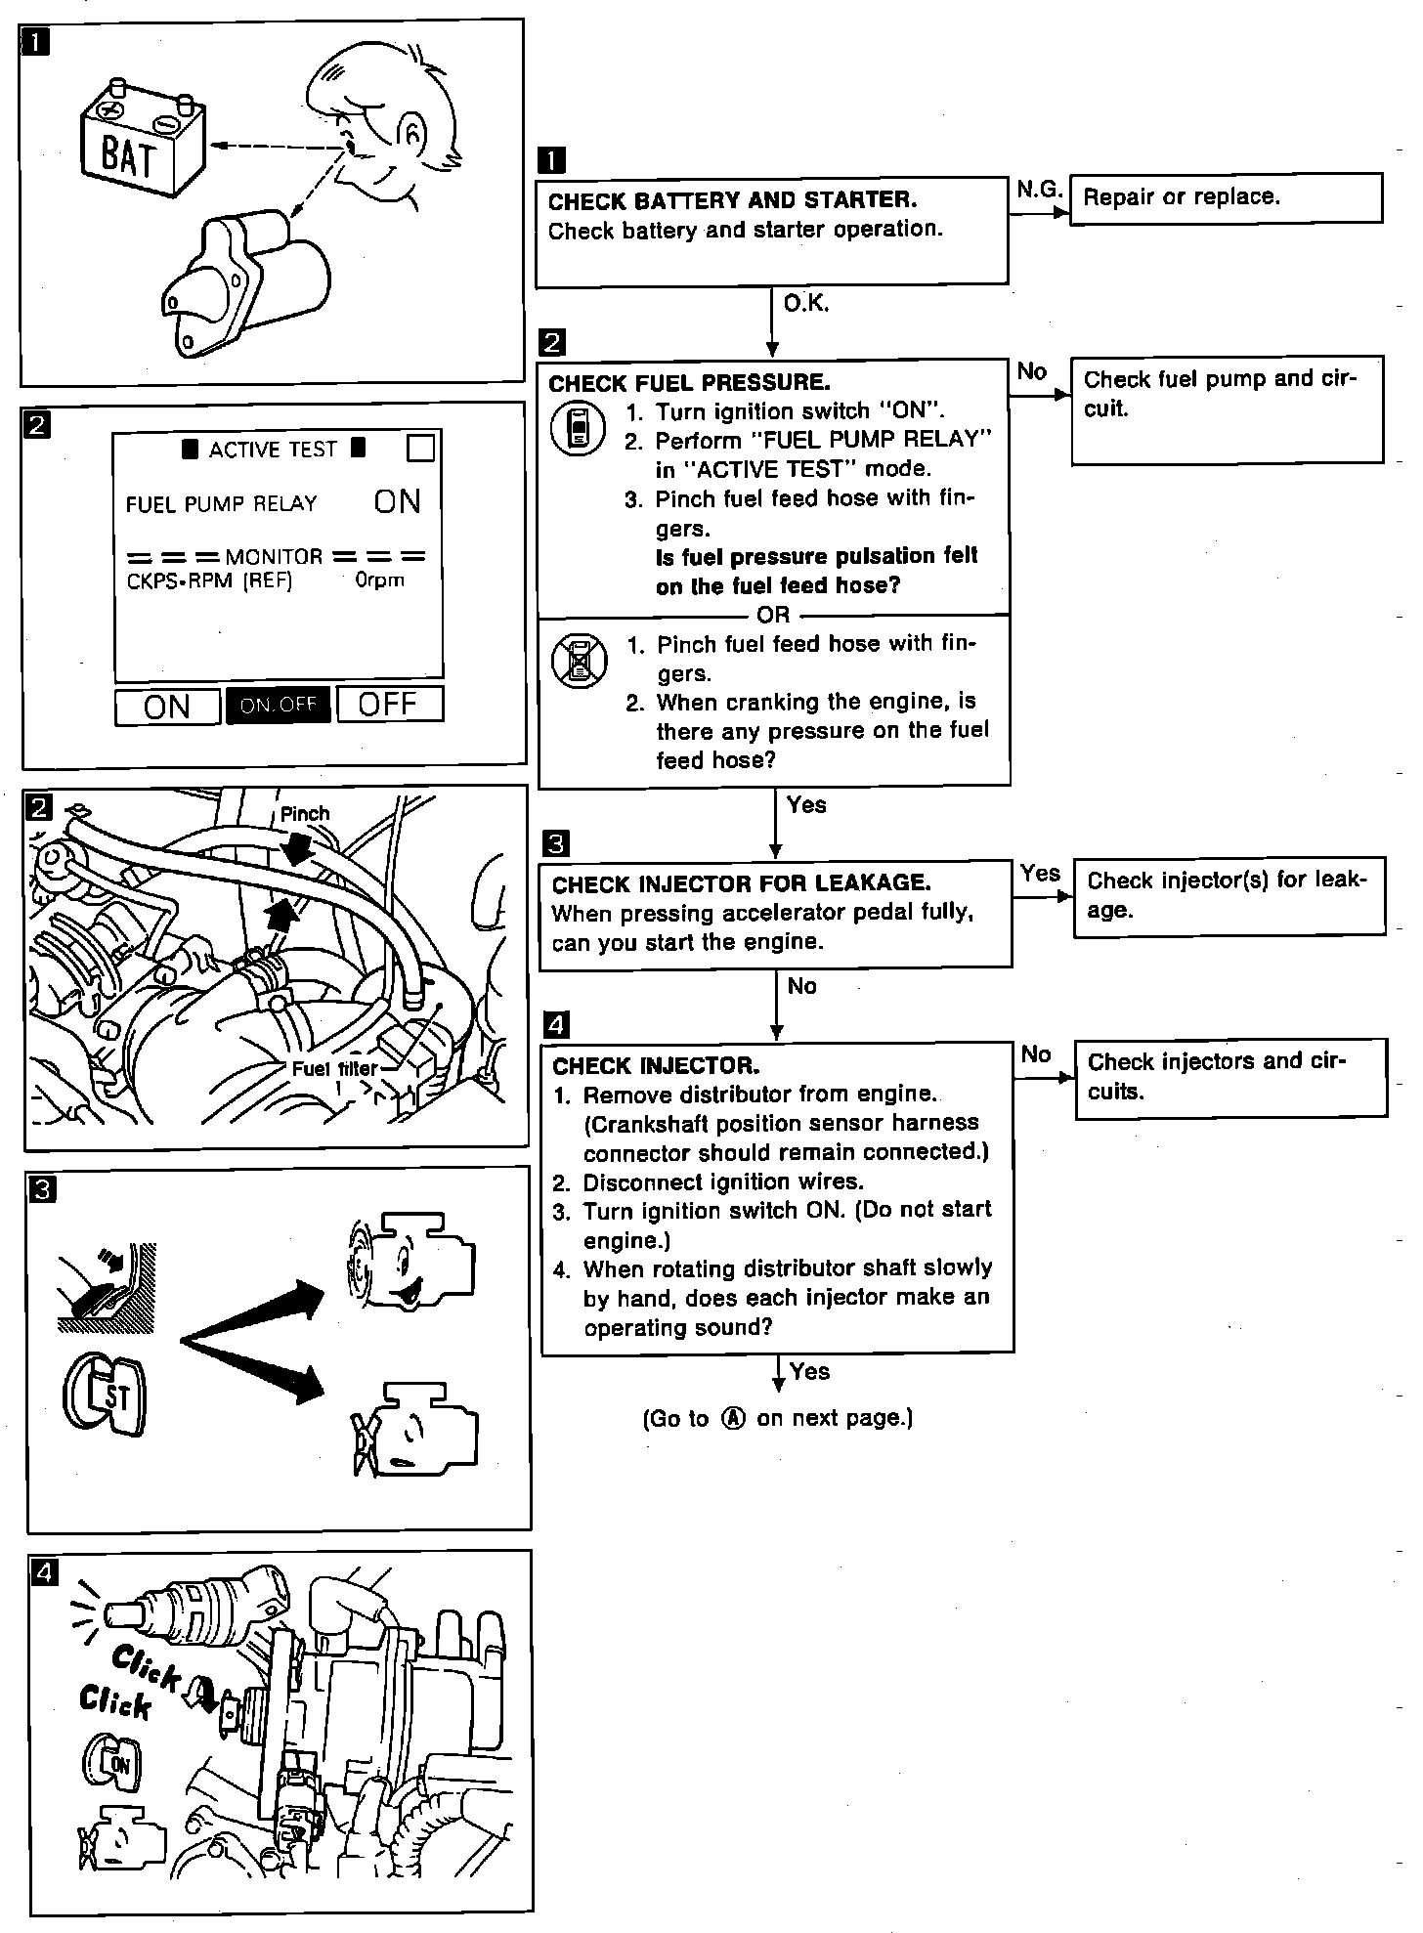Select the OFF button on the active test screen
tap(389, 704)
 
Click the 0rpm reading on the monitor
tap(379, 580)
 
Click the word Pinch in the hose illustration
tap(305, 813)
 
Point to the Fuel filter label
tap(334, 1068)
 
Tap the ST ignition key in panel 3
tap(106, 1394)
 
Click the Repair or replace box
tap(1226, 198)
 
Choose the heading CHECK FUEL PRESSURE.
tap(689, 382)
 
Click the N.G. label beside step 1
tap(1038, 190)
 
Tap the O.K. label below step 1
tap(806, 304)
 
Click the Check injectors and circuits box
tap(1229, 1076)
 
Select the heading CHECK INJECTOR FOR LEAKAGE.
tap(741, 883)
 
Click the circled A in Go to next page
tap(733, 1418)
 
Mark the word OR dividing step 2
tap(773, 616)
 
